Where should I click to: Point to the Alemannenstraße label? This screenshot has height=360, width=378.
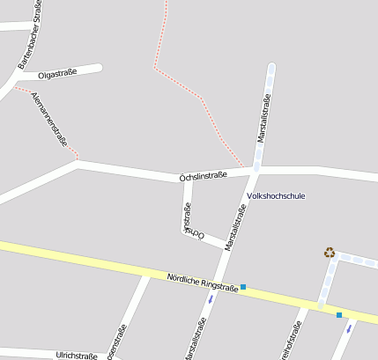tap(49, 118)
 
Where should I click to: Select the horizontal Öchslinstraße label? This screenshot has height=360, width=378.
tap(203, 175)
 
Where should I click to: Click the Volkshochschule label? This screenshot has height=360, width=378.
tap(276, 195)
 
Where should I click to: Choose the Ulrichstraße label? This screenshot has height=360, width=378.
tap(76, 356)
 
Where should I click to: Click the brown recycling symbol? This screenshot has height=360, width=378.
tap(330, 253)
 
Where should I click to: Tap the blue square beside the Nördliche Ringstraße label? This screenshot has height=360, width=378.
tap(243, 287)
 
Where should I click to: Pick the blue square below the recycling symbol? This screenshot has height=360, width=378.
tap(339, 314)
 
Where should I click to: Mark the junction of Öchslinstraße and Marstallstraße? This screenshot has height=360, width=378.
tap(253, 167)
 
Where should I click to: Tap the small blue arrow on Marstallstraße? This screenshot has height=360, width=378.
tap(210, 298)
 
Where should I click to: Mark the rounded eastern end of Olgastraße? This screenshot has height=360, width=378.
tap(99, 68)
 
